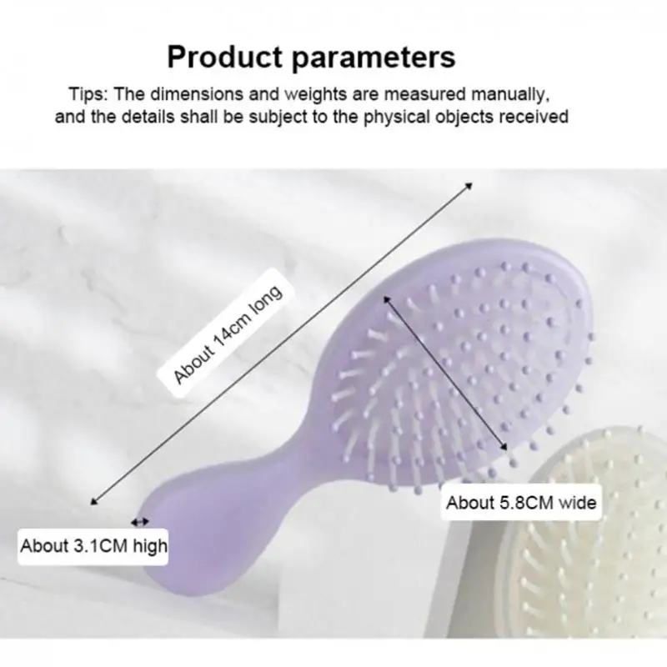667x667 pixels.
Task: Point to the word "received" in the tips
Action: [x=531, y=117]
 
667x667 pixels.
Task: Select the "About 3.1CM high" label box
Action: [x=93, y=547]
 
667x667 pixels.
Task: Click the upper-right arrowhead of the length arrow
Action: [x=469, y=185]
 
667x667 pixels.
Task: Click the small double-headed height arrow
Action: [x=140, y=521]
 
